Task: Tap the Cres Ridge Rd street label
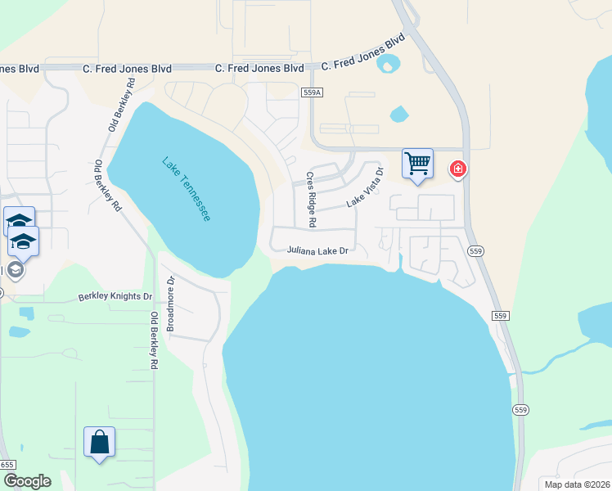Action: pyautogui.click(x=311, y=200)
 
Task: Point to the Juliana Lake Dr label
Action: pyautogui.click(x=318, y=251)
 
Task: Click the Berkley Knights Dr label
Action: pyautogui.click(x=115, y=296)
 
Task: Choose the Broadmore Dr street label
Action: pyautogui.click(x=171, y=308)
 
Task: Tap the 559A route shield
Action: pyautogui.click(x=310, y=93)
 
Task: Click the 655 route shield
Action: pyautogui.click(x=7, y=464)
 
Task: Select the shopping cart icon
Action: pyautogui.click(x=417, y=163)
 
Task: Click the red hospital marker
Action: pyautogui.click(x=458, y=169)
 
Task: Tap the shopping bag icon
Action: pyautogui.click(x=99, y=442)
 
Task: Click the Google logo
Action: pyautogui.click(x=27, y=480)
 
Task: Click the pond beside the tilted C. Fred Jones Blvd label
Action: pyautogui.click(x=389, y=63)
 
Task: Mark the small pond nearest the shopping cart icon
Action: pyautogui.click(x=399, y=114)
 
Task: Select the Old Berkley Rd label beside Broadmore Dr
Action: pyautogui.click(x=154, y=340)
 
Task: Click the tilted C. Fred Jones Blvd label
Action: pyautogui.click(x=363, y=52)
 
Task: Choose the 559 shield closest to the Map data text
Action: pyautogui.click(x=521, y=409)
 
